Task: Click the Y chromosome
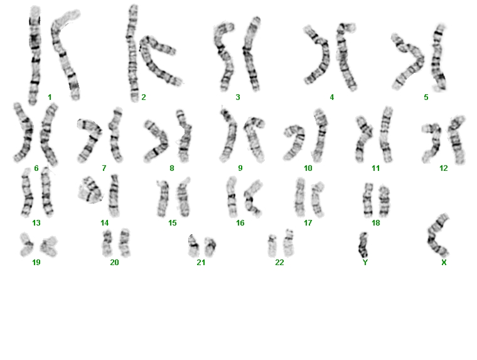pyautogui.click(x=363, y=245)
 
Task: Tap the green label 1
pyautogui.click(x=50, y=97)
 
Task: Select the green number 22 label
pyautogui.click(x=279, y=262)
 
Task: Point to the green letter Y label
pyautogui.click(x=365, y=262)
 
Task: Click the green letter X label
pyautogui.click(x=444, y=262)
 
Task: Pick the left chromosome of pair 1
pyautogui.click(x=35, y=55)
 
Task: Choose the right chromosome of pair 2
pyautogui.click(x=158, y=61)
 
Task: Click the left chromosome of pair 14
pyautogui.click(x=90, y=190)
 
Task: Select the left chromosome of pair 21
pyautogui.click(x=193, y=246)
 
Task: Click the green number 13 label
pyautogui.click(x=36, y=223)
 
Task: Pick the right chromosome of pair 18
pyautogui.click(x=384, y=202)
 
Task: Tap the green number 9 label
pyautogui.click(x=240, y=168)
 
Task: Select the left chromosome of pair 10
pyautogui.click(x=295, y=141)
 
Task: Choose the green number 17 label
pyautogui.click(x=308, y=223)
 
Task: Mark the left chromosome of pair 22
pyautogui.click(x=272, y=246)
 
